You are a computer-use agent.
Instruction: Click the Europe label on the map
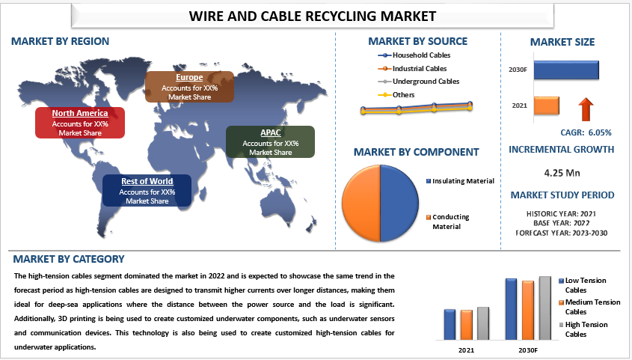coord(189,87)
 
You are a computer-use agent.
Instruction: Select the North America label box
coord(80,123)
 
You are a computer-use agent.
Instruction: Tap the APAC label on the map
coord(271,142)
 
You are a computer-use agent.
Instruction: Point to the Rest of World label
coord(147,190)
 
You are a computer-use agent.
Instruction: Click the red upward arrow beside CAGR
coord(586,109)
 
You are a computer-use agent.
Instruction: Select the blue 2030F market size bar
coord(566,70)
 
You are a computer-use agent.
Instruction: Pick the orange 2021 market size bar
coord(547,106)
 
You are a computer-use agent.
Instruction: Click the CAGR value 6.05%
coord(600,132)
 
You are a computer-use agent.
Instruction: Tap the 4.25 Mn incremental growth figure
coord(562,173)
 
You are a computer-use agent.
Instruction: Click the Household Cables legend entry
coord(414,55)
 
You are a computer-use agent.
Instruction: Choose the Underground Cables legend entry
coord(419,82)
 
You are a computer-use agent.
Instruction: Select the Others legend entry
coord(396,95)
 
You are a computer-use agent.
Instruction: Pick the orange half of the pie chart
coord(361,203)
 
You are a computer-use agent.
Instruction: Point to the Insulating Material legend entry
coord(460,181)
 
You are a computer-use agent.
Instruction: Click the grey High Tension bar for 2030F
coord(545,308)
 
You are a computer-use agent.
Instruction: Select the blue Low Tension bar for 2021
coord(450,325)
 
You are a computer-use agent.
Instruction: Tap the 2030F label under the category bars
coord(528,350)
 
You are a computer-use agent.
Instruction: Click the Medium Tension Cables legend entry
coord(589,307)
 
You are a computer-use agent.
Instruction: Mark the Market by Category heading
coord(69,259)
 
